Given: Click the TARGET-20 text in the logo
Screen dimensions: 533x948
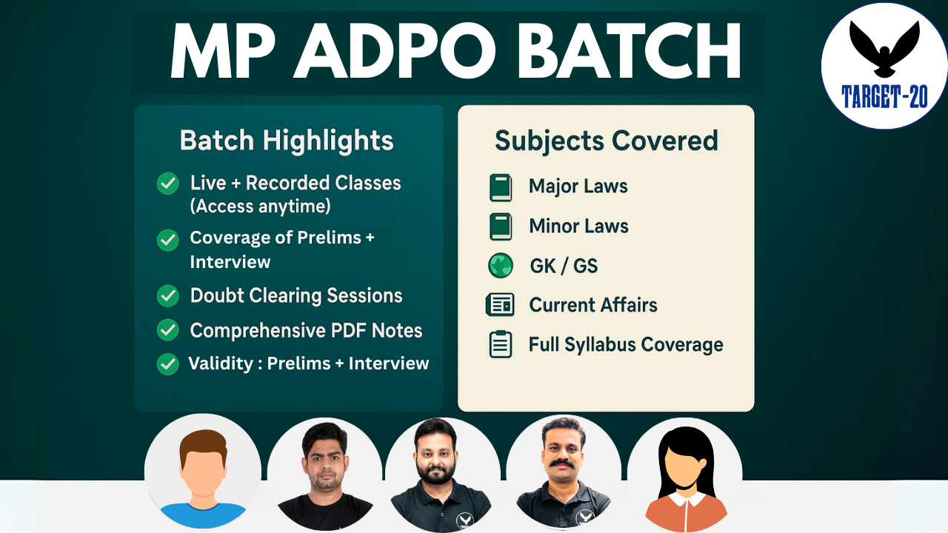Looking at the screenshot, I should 884,96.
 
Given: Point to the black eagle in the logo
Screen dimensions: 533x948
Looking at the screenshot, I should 884,48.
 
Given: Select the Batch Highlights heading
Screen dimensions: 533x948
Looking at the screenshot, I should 287,141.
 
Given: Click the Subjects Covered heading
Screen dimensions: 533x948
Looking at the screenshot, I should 606,141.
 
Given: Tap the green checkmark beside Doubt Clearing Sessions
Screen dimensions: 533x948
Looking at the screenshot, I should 168,296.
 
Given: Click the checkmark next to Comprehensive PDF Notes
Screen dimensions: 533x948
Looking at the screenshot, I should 168,330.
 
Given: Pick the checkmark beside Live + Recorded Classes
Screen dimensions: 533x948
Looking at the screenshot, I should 168,184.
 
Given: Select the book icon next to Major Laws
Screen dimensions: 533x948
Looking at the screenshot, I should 501,187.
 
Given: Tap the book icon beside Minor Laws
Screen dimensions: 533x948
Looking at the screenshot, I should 501,227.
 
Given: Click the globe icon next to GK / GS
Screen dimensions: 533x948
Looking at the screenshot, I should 501,266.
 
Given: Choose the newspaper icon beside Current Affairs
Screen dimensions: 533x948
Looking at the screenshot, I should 500,305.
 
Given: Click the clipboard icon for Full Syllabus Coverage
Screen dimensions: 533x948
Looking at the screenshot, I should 501,345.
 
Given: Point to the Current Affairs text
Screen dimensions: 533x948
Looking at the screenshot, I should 592,305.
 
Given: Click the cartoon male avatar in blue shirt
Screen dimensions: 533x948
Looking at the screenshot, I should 202,474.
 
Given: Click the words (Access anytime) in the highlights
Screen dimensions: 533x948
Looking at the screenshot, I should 260,207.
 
